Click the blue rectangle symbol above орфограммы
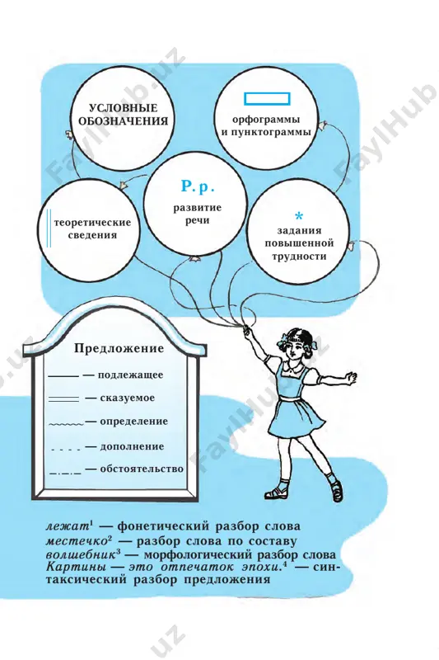(267, 99)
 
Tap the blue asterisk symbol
(299, 216)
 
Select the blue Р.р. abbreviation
(198, 186)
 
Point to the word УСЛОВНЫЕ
(123, 108)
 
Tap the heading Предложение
(119, 348)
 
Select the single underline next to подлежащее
(64, 375)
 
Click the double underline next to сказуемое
(64, 398)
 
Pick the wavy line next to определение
(66, 423)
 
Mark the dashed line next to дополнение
(66, 450)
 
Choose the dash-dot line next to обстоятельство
(66, 473)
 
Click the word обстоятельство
(142, 469)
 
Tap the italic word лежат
(67, 526)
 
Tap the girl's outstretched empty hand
(351, 376)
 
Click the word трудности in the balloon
(299, 256)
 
